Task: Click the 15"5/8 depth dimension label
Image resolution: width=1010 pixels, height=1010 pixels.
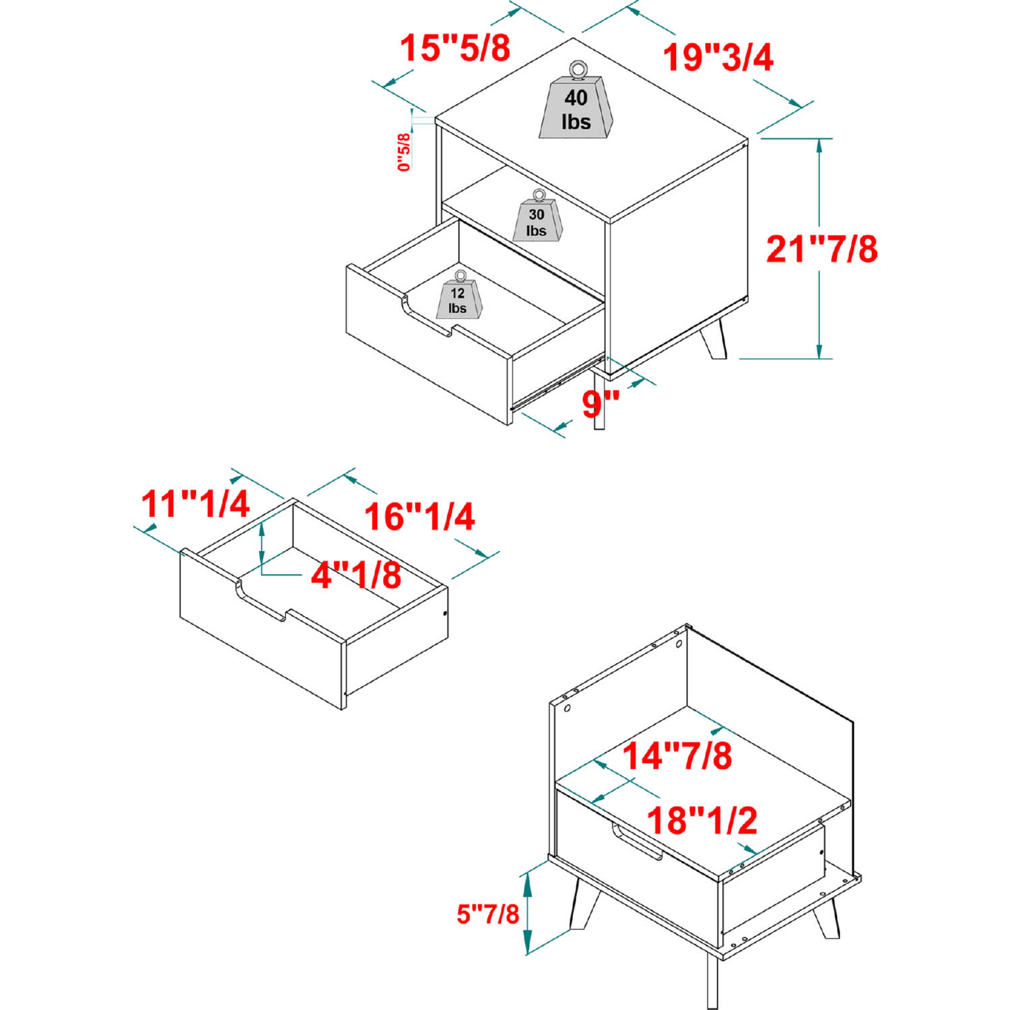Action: (x=455, y=48)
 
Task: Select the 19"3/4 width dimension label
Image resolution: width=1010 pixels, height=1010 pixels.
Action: (x=718, y=57)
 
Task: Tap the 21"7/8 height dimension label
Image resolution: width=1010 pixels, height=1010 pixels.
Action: (x=822, y=248)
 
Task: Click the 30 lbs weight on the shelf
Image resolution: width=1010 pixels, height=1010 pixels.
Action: (x=537, y=215)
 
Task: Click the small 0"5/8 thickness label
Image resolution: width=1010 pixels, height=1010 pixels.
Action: (x=404, y=151)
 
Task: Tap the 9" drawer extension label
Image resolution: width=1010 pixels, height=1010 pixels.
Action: (x=601, y=403)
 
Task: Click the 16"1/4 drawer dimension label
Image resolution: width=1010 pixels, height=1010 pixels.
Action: (x=419, y=516)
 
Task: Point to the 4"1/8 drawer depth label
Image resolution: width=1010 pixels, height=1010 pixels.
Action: (x=356, y=575)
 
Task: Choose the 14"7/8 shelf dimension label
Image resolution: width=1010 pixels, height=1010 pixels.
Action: (x=677, y=755)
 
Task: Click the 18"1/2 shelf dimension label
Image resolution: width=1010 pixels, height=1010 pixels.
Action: (x=702, y=820)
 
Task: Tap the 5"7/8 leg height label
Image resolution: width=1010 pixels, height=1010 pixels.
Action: (x=488, y=914)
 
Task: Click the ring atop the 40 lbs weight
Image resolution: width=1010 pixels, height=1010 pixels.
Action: (x=578, y=69)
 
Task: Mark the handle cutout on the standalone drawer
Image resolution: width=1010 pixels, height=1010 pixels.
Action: (x=263, y=601)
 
